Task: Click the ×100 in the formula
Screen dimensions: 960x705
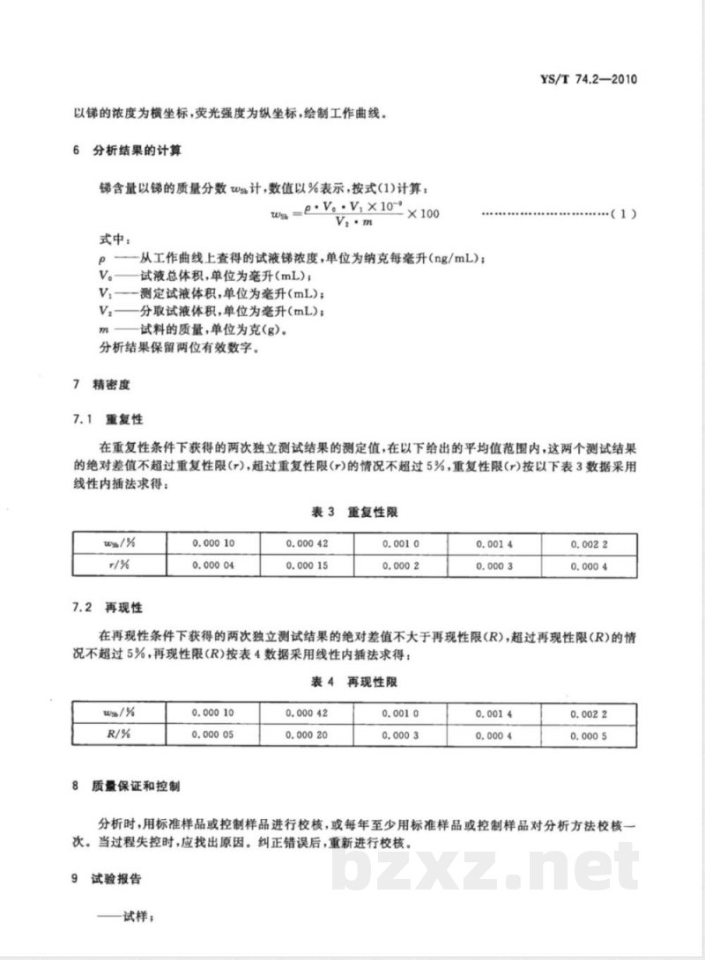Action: point(424,214)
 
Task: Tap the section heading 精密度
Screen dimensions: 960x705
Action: point(111,385)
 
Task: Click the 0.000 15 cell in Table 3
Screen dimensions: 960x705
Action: point(306,565)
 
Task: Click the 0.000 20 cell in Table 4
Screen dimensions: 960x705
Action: point(306,735)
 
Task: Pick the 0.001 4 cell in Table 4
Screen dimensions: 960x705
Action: point(493,713)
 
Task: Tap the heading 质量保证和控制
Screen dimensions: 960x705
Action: point(137,783)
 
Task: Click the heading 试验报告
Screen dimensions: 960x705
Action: point(118,878)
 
